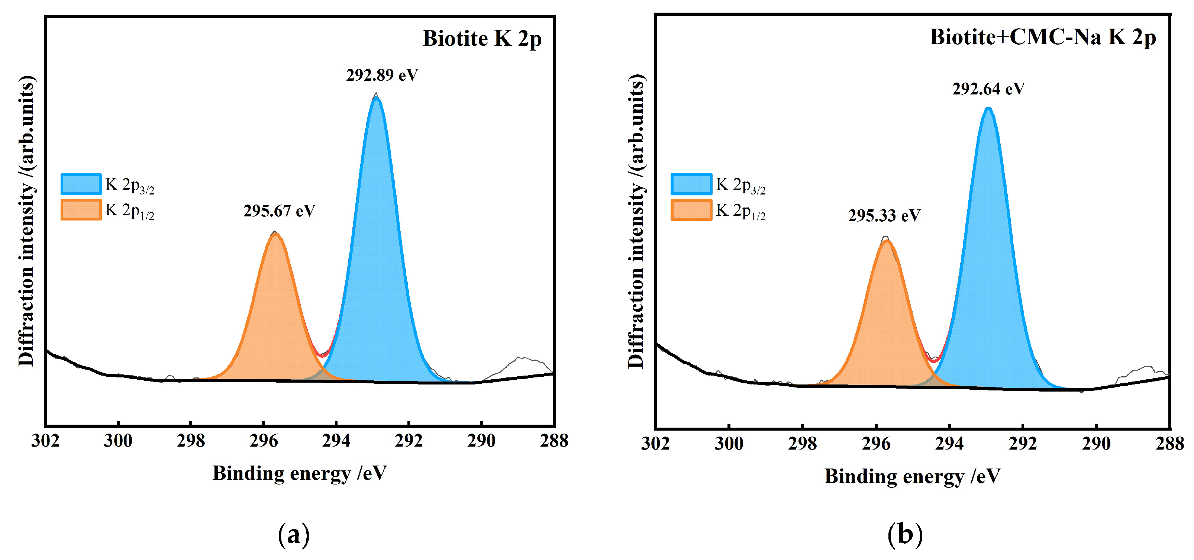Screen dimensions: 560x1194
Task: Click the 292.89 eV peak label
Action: tap(382, 75)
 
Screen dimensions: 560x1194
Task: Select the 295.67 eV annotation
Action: tap(279, 211)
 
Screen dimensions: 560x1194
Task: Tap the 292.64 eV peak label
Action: tap(988, 89)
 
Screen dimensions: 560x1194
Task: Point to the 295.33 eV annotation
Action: tap(884, 216)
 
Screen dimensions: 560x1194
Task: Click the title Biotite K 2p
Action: tap(482, 38)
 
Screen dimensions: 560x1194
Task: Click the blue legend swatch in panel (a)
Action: tap(81, 184)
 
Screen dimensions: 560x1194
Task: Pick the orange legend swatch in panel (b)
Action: tap(691, 210)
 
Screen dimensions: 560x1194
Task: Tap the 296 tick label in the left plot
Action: tap(263, 441)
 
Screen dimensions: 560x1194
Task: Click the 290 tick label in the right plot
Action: tap(1096, 444)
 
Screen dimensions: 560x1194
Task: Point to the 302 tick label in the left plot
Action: tap(45, 441)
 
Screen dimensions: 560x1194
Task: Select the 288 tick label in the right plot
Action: tap(1169, 444)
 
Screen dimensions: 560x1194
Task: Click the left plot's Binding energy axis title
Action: tap(299, 474)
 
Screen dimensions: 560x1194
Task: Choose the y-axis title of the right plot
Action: tap(636, 221)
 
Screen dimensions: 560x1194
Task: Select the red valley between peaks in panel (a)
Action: tap(323, 355)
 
